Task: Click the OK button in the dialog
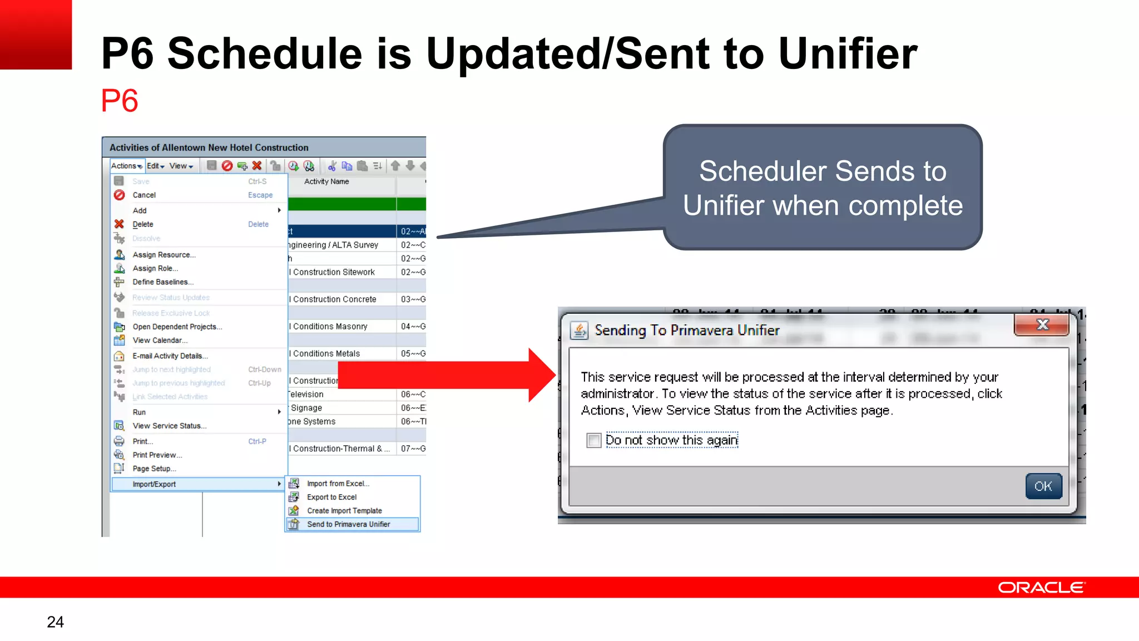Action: pyautogui.click(x=1043, y=486)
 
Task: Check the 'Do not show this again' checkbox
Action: pyautogui.click(x=594, y=440)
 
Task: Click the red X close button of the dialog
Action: pyautogui.click(x=1042, y=325)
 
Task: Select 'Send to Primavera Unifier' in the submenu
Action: pyautogui.click(x=348, y=524)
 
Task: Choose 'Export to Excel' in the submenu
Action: pyautogui.click(x=331, y=497)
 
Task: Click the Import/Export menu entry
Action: pyautogui.click(x=154, y=484)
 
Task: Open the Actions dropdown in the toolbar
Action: pyautogui.click(x=126, y=166)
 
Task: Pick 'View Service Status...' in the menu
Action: pyautogui.click(x=169, y=426)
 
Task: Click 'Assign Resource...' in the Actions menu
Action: pyautogui.click(x=164, y=255)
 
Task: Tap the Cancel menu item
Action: pyautogui.click(x=144, y=195)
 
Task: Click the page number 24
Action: pyautogui.click(x=55, y=622)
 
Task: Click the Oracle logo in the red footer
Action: pyautogui.click(x=1041, y=588)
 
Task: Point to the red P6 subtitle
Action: pyautogui.click(x=119, y=101)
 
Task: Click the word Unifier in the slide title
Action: pyautogui.click(x=847, y=54)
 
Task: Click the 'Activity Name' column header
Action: pyautogui.click(x=326, y=181)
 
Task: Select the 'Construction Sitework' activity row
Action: pyautogui.click(x=334, y=272)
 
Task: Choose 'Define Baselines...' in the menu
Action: pyautogui.click(x=162, y=282)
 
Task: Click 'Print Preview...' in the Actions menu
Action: pyautogui.click(x=157, y=455)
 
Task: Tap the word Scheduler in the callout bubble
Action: pyautogui.click(x=762, y=171)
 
